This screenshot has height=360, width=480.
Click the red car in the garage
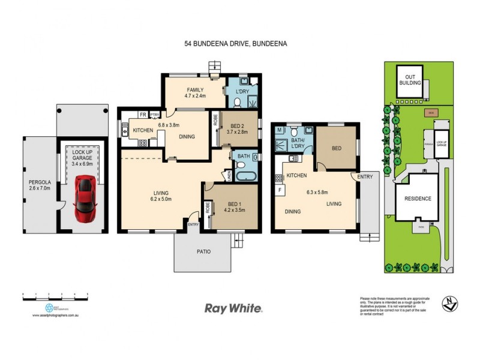point(84,197)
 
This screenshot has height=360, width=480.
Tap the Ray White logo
point(233,308)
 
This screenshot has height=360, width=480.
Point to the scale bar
point(55,295)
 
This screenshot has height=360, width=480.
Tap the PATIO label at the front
point(203,251)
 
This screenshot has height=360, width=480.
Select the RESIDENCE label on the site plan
point(418,198)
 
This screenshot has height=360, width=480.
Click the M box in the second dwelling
point(279,130)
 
